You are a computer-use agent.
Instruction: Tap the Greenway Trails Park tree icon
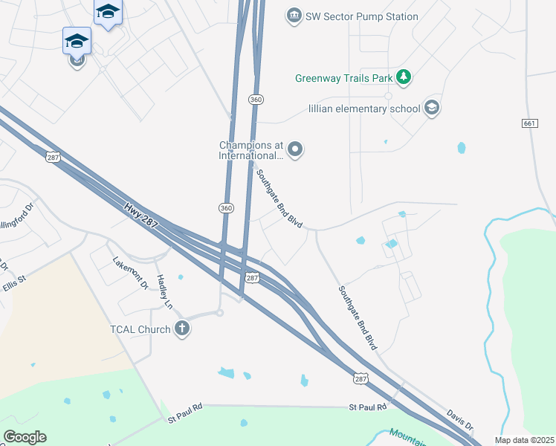click(404, 77)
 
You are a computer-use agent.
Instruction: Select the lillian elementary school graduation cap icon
click(431, 108)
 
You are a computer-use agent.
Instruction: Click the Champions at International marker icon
click(295, 150)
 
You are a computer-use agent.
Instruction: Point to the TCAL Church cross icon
click(182, 329)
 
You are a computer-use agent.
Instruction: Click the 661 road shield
click(529, 123)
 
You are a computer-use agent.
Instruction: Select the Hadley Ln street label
click(164, 292)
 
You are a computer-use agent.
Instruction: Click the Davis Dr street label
click(460, 420)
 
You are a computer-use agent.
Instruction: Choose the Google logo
click(25, 437)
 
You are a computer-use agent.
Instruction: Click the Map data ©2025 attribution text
click(524, 440)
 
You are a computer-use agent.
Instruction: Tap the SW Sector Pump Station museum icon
click(294, 16)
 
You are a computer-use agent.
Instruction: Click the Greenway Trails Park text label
click(346, 77)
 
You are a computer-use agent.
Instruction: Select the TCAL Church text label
click(139, 329)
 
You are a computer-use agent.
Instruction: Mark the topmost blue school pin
click(108, 12)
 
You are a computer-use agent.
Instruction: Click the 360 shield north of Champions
click(256, 99)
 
